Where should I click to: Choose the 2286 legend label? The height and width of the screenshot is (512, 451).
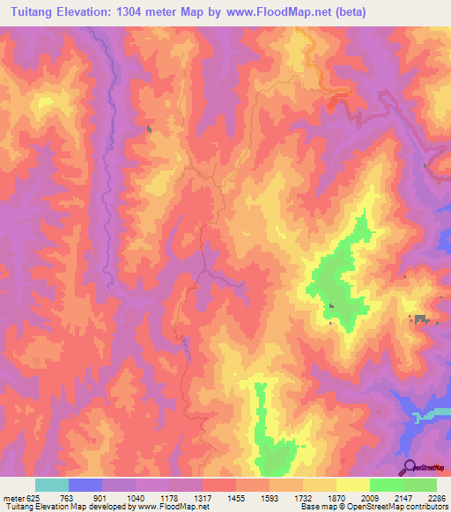(437, 498)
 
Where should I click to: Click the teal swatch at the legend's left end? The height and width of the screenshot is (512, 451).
(52, 485)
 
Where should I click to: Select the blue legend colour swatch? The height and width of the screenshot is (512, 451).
(85, 485)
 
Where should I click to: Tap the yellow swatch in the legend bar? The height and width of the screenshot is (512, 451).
(352, 485)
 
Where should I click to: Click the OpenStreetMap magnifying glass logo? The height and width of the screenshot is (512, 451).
(409, 467)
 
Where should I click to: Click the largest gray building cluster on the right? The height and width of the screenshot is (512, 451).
(420, 319)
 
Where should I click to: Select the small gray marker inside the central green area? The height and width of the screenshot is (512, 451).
(332, 306)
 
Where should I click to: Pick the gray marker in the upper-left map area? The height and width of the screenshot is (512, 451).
(149, 129)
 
